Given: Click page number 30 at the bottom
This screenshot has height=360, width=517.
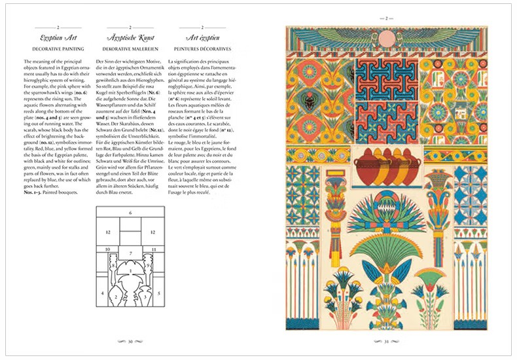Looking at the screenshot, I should pos(130,341).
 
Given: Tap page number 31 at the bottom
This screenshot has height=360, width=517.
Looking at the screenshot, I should pos(386,341).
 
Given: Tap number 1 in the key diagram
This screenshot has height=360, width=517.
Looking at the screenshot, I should pos(130,270).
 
